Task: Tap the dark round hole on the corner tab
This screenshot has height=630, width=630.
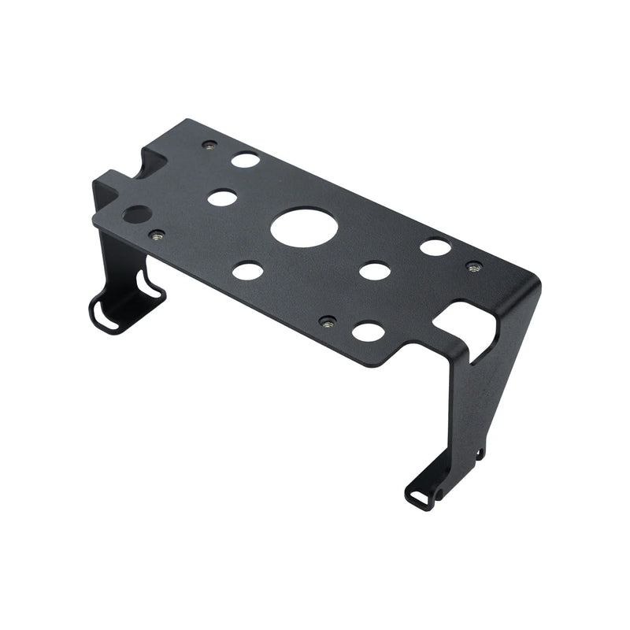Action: point(136,214)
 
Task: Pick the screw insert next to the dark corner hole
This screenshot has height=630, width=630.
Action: point(157,235)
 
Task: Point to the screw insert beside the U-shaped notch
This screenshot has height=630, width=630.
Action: point(209,145)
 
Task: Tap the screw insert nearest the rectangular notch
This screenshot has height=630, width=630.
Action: point(473,268)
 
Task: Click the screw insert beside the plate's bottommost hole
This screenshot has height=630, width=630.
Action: point(328,321)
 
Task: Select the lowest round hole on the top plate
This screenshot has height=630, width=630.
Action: point(368,332)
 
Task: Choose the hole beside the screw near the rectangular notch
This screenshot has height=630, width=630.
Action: point(435,247)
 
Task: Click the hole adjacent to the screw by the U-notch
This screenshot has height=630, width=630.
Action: point(245,160)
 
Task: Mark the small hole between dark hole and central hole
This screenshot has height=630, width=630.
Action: point(222,198)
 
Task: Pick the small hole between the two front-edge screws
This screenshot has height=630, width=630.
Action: point(248,272)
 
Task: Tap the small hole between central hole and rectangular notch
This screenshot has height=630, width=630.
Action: point(375,272)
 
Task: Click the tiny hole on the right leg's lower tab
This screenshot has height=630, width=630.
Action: point(480,453)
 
